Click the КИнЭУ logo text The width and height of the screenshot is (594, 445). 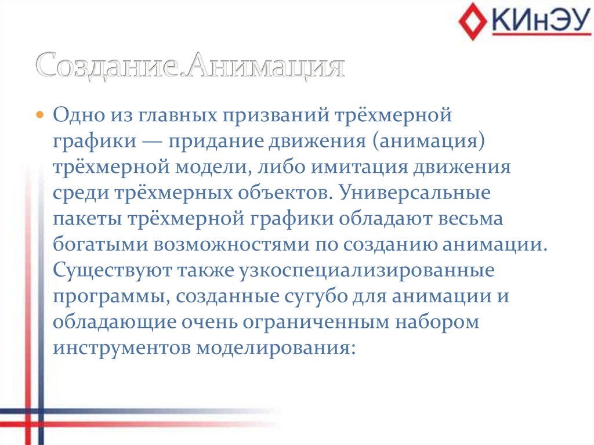536,21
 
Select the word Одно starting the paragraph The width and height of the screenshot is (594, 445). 78,114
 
